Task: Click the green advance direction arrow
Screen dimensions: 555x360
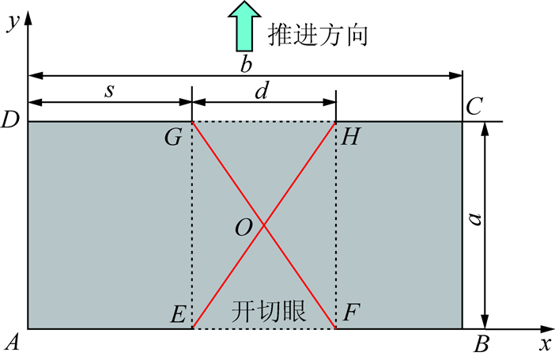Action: point(244,27)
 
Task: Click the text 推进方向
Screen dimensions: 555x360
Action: point(318,35)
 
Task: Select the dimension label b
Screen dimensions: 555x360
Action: point(246,64)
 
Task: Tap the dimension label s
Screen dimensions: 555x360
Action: point(109,91)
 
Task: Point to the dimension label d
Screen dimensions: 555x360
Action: point(262,91)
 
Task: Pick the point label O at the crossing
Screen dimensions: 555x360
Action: point(244,227)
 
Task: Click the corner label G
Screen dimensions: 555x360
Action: point(173,137)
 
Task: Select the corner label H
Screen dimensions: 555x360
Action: point(350,137)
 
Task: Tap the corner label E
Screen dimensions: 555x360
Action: point(178,313)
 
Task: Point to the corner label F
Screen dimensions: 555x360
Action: point(351,313)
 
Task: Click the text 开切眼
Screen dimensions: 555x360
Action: point(269,312)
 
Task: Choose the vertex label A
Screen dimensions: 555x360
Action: point(13,343)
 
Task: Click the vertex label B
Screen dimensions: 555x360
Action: point(481,343)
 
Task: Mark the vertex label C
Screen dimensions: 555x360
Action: point(474,106)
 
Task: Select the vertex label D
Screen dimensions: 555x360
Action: point(10,119)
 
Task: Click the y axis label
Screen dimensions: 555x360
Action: point(13,24)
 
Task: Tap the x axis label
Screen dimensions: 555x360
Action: point(546,343)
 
